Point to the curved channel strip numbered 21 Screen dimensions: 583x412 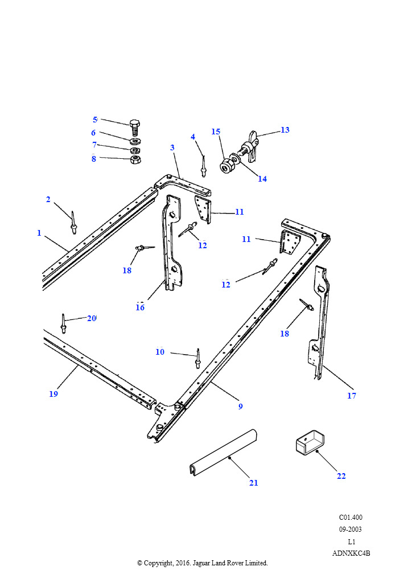[x=225, y=452]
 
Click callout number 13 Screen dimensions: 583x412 [x=285, y=130]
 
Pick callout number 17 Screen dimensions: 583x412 [x=352, y=396]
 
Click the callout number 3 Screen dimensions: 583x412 [x=172, y=147]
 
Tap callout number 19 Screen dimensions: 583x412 [x=53, y=394]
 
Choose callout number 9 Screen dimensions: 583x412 [x=241, y=407]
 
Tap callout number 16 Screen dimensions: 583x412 [x=140, y=307]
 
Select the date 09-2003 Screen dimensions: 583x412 [x=350, y=529]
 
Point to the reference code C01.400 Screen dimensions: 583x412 [x=351, y=518]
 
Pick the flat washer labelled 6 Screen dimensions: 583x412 [x=135, y=141]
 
